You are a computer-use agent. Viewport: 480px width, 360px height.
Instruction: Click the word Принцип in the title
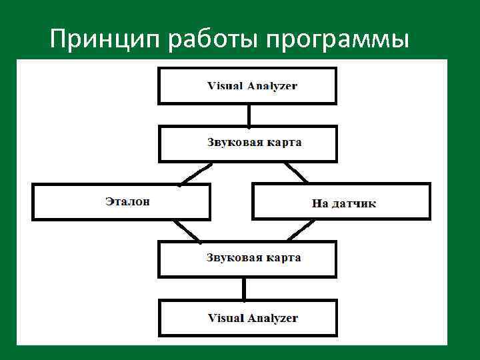pyautogui.click(x=106, y=41)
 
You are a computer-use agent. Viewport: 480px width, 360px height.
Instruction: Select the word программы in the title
pyautogui.click(x=336, y=41)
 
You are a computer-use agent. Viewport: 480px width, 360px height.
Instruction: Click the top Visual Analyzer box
pyautogui.click(x=247, y=86)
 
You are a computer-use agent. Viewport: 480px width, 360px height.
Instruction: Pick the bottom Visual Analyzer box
pyautogui.click(x=247, y=318)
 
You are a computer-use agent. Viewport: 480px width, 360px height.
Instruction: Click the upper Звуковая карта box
pyautogui.click(x=247, y=143)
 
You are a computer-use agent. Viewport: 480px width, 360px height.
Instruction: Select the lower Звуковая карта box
pyautogui.click(x=247, y=259)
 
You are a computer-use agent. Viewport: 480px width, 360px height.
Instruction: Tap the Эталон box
pyautogui.click(x=121, y=201)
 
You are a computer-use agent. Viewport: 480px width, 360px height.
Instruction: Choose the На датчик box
pyautogui.click(x=341, y=201)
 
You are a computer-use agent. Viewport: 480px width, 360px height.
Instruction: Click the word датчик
pyautogui.click(x=354, y=203)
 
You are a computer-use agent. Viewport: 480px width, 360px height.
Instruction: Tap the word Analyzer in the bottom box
pyautogui.click(x=273, y=319)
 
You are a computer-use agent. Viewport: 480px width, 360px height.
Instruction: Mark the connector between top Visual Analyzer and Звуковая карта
pyautogui.click(x=248, y=115)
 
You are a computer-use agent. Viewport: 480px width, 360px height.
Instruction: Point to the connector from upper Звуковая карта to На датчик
pyautogui.click(x=297, y=173)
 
